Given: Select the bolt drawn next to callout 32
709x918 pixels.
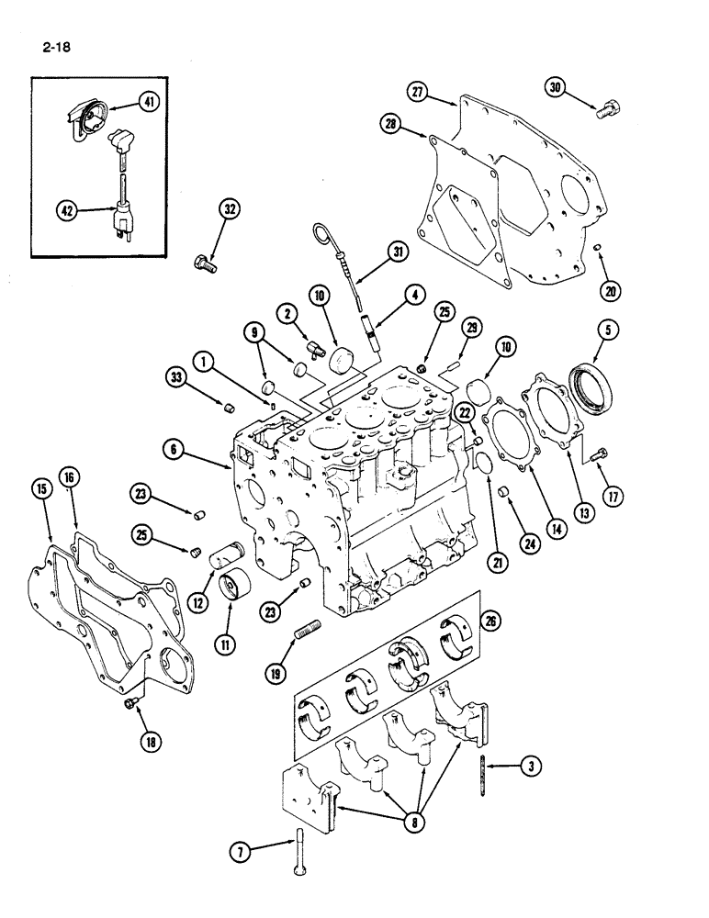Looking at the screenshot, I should tap(204, 263).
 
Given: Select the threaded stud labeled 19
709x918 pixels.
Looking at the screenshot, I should tap(305, 633).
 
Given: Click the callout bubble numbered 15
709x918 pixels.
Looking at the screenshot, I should tap(41, 489).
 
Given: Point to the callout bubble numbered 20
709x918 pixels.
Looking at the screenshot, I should tap(612, 291).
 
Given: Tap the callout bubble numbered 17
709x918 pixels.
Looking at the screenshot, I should tap(610, 497).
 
